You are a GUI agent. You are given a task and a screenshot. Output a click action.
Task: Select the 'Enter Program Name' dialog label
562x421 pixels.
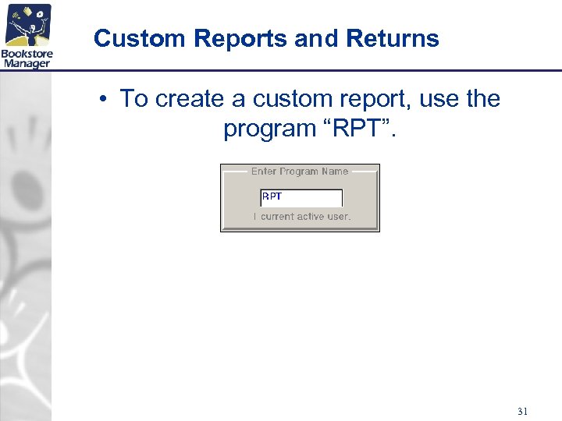click(x=300, y=172)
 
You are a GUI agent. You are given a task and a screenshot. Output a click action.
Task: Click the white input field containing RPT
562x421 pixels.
click(x=301, y=197)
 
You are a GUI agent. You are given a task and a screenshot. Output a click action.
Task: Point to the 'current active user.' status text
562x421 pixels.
click(x=305, y=217)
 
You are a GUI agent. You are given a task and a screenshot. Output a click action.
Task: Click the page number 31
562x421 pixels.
click(x=522, y=410)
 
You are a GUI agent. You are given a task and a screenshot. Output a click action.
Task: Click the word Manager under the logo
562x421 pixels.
click(x=27, y=63)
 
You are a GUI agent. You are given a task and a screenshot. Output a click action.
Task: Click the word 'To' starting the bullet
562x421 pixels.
click(x=133, y=99)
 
